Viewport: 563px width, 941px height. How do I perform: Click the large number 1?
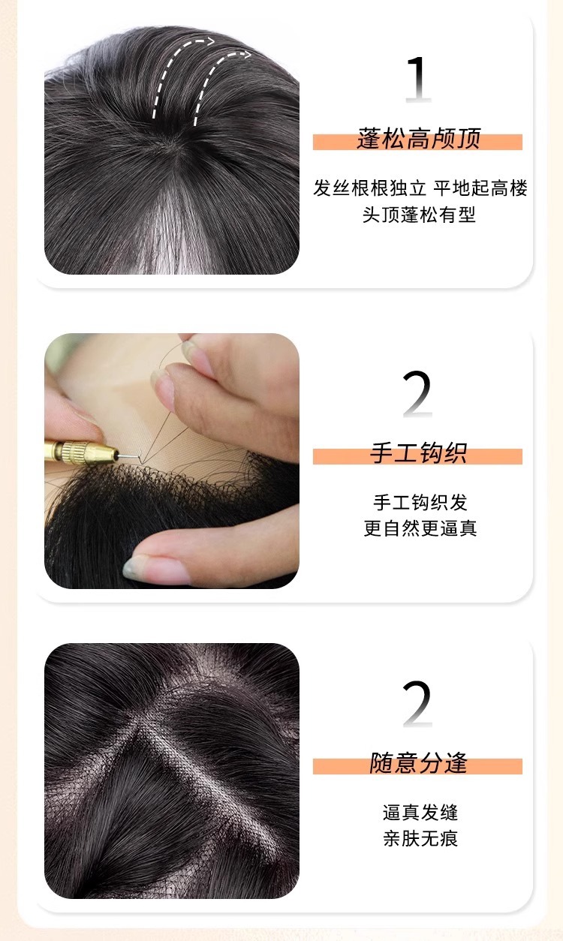coord(418,79)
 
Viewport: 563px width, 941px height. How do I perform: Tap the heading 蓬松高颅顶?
coord(418,139)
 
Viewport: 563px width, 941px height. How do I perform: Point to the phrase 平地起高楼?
coord(480,188)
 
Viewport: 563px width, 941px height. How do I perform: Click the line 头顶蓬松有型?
coord(419,215)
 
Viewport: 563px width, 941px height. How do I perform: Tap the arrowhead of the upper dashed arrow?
coord(210,41)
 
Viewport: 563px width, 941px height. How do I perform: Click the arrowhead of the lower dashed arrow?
coord(245,55)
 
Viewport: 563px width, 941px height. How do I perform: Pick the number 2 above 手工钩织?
coord(417,394)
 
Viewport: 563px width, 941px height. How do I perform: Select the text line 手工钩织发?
coord(420,503)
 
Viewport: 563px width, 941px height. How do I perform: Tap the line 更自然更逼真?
coord(420,528)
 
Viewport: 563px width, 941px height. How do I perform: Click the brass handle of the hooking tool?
coord(80,452)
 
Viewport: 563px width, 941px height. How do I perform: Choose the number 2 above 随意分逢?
coord(417,704)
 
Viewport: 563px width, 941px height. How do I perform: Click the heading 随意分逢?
coord(418,763)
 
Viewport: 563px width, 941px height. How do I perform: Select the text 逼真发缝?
coord(420,813)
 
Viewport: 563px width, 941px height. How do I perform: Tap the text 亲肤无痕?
coord(420,838)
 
